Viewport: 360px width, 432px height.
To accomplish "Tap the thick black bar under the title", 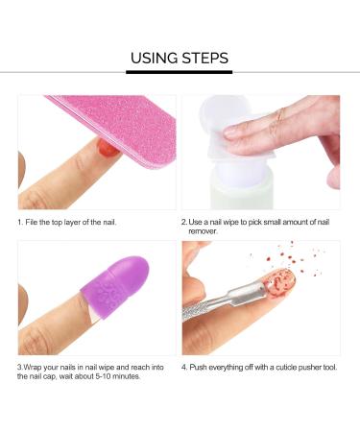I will [x=180, y=72].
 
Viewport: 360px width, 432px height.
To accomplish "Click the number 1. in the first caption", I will [x=21, y=223].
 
